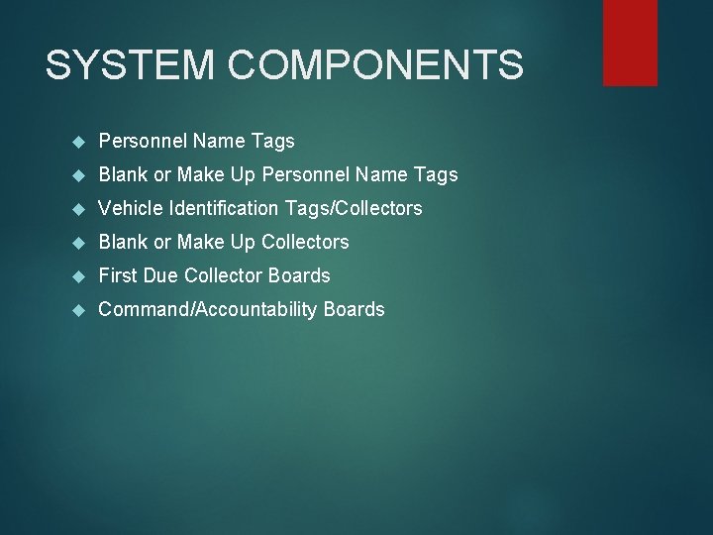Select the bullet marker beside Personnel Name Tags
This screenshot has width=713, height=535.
[80, 142]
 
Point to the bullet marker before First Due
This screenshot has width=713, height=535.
[80, 276]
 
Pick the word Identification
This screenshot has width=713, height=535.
[226, 208]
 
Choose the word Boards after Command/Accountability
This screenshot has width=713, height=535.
[354, 309]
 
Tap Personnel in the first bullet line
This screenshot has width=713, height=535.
[140, 141]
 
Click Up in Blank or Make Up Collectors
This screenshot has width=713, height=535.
[243, 242]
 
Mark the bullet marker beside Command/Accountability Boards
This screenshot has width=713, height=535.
[80, 310]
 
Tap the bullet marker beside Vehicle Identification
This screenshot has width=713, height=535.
[80, 209]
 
